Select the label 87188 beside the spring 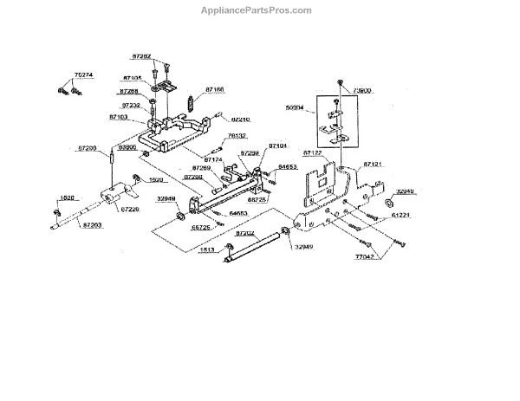tap(215, 88)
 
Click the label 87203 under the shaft tap(94, 224)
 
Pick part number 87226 tap(130, 209)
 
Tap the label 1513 tap(207, 249)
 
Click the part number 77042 tap(365, 257)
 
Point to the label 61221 tap(400, 212)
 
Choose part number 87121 tap(374, 163)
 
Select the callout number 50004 tap(296, 109)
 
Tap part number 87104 tap(277, 146)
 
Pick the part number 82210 tap(240, 119)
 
